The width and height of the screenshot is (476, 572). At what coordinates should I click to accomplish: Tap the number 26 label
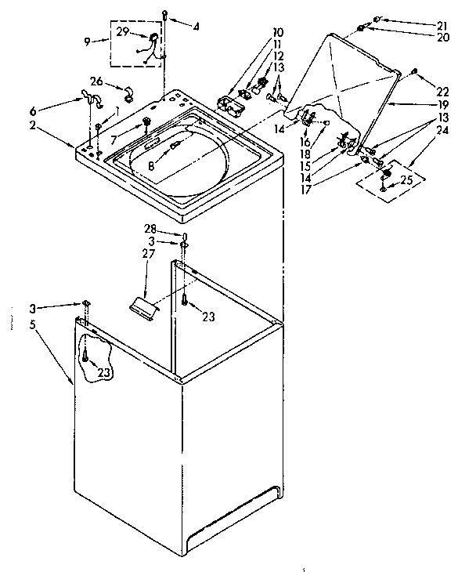coord(96,81)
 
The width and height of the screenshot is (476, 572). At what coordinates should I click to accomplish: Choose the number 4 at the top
coord(195,27)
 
